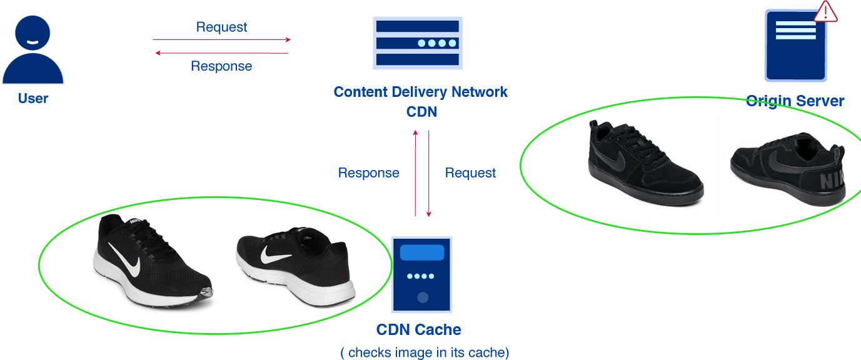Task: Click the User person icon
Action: point(33,49)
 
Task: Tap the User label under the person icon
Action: point(33,98)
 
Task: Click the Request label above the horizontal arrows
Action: point(221,27)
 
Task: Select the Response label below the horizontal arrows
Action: point(221,66)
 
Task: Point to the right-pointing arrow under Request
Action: point(221,39)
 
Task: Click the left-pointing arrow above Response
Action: point(221,53)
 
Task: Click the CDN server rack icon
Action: point(418,43)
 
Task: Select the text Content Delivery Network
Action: point(421,92)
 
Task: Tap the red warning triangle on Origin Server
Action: point(825,11)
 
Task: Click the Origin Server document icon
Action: point(795,46)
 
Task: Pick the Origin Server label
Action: point(795,101)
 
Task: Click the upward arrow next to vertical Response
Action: point(415,173)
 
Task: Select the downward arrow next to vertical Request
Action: point(428,174)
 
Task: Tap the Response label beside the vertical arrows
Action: point(369,173)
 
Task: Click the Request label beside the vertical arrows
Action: point(470,173)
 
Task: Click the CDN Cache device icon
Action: point(421,274)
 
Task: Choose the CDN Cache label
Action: point(418,329)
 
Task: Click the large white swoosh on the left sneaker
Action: point(125,260)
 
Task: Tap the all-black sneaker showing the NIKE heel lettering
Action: point(788,169)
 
